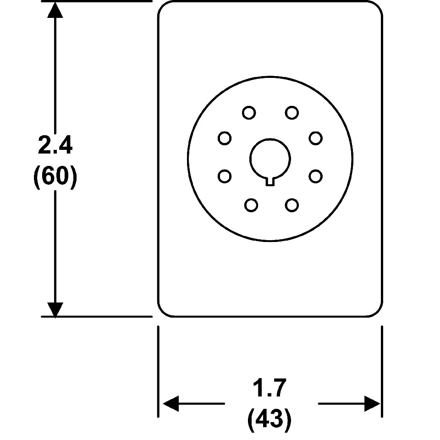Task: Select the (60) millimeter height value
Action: [x=55, y=177]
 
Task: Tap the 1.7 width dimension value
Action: [x=270, y=389]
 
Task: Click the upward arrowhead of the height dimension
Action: [x=55, y=10]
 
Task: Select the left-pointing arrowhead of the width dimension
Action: [x=170, y=404]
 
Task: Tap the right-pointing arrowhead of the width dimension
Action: [x=372, y=404]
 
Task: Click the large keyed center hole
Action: [x=270, y=159]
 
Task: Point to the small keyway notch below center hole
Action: [x=270, y=181]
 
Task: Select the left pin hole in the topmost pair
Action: [x=249, y=113]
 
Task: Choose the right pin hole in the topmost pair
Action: [x=291, y=112]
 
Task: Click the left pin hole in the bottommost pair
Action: [x=251, y=205]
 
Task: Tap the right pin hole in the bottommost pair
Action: [x=291, y=205]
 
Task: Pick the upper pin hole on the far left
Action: [x=225, y=138]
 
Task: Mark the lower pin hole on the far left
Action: [x=225, y=176]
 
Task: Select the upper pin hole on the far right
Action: [x=315, y=138]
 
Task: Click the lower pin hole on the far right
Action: [x=315, y=176]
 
